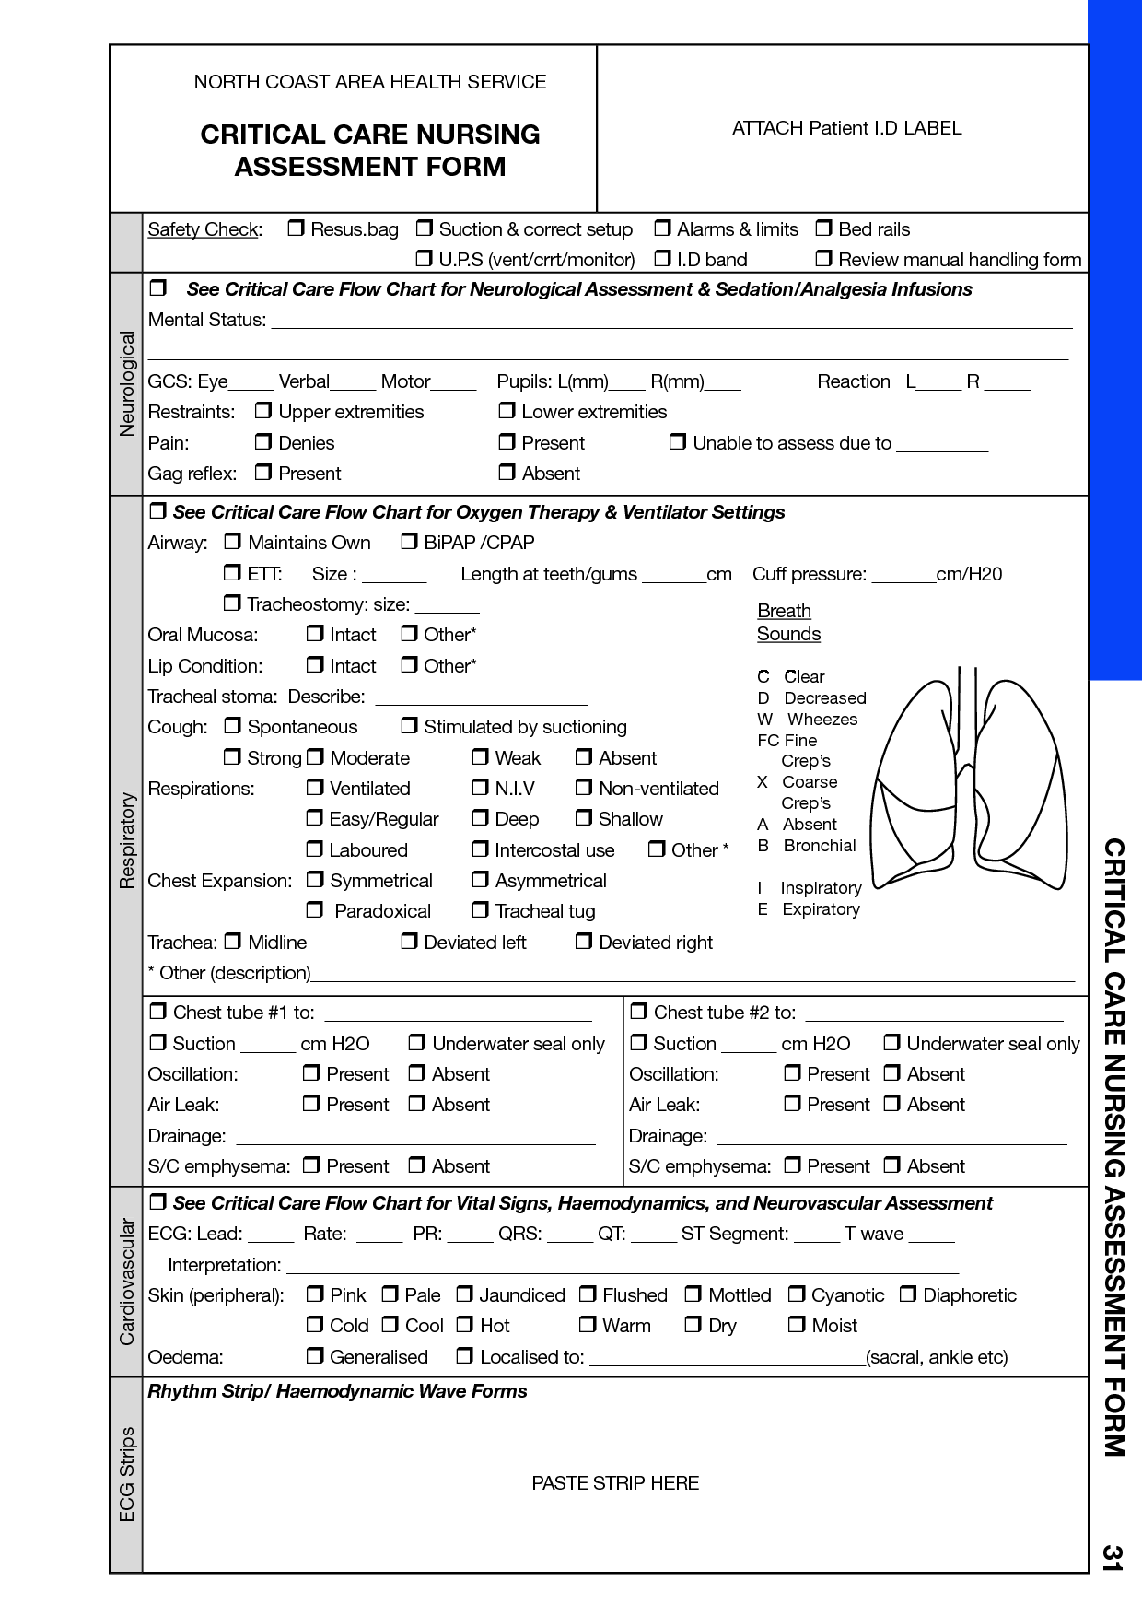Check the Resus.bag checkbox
[296, 228]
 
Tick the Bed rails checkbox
[823, 228]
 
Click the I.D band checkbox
[662, 258]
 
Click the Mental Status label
[206, 320]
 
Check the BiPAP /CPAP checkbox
[409, 542]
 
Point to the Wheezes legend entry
[822, 719]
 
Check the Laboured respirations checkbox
[315, 849]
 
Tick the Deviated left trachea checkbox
[409, 941]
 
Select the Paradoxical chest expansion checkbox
[315, 910]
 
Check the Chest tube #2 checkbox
[638, 1012]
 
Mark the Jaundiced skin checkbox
[464, 1294]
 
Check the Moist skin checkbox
[797, 1325]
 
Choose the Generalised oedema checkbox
[315, 1355]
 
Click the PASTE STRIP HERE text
[615, 1483]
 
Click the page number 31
[1113, 1557]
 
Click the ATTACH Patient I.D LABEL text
[846, 128]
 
